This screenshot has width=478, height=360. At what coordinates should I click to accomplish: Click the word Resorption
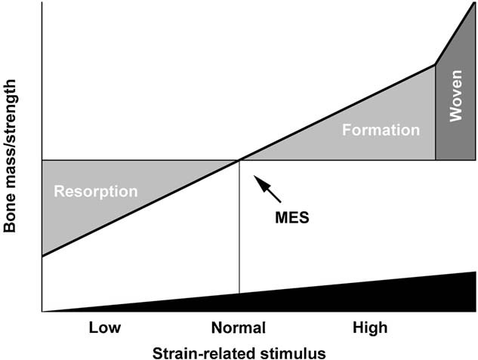click(x=96, y=191)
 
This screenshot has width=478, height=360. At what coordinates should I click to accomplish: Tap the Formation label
click(x=381, y=130)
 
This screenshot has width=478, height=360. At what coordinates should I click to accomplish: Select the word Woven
click(x=456, y=107)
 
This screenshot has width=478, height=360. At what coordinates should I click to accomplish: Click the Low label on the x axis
click(x=105, y=328)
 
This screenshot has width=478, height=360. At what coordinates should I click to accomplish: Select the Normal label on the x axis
click(x=239, y=328)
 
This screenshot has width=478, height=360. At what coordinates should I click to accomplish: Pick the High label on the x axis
click(x=370, y=328)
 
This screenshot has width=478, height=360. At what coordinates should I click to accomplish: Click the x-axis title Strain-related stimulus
click(x=239, y=352)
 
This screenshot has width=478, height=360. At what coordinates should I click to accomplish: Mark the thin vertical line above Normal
click(x=239, y=226)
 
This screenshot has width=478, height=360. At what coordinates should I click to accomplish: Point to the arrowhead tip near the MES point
click(x=255, y=177)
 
